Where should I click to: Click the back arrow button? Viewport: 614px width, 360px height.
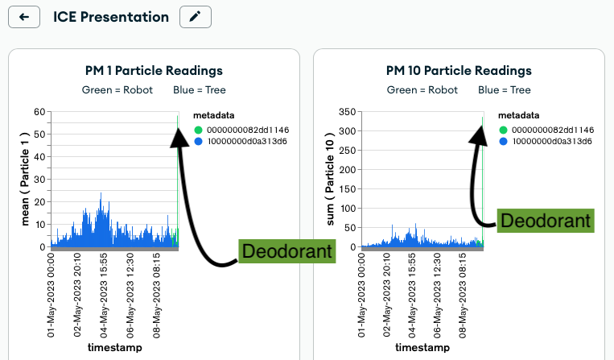[x=23, y=17]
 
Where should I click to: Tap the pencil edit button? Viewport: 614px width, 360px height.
[x=196, y=17]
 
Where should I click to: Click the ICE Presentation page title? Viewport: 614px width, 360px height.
[x=111, y=17]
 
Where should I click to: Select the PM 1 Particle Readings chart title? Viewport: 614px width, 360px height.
[x=154, y=71]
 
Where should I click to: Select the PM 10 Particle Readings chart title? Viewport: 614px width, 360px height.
[x=459, y=71]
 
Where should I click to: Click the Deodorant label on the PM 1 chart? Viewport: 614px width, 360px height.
[x=287, y=251]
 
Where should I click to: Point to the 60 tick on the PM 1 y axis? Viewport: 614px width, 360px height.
[x=39, y=111]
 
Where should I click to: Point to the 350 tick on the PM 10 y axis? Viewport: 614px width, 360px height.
[x=348, y=111]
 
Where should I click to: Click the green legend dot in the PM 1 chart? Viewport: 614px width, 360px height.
[x=199, y=130]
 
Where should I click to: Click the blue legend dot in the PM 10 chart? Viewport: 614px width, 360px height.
[x=504, y=141]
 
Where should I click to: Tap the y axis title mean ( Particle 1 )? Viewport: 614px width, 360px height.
[x=25, y=181]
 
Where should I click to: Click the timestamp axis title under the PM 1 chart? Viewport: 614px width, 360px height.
[x=114, y=348]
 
